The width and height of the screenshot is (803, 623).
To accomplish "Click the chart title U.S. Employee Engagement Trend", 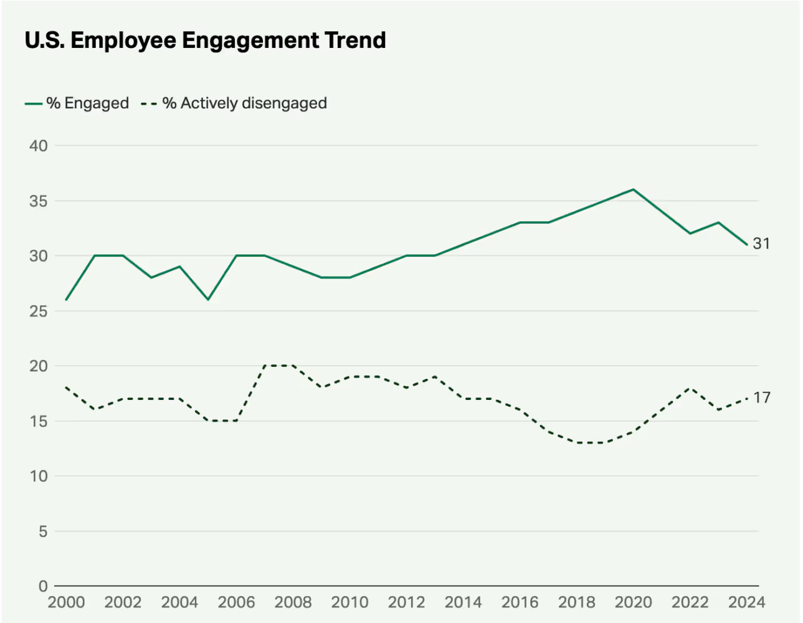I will point(205,40).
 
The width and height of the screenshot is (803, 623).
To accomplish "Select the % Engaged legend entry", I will point(77,103).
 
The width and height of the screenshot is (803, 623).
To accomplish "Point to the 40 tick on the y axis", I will point(39,146).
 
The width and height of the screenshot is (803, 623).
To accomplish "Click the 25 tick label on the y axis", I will point(39,311).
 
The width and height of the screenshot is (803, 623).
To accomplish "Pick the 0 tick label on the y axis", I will point(43,586).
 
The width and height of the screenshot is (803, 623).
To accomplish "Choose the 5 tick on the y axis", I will point(43,531).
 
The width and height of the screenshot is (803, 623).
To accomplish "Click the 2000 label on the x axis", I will point(66,602).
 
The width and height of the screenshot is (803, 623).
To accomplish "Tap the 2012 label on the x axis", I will point(406,602).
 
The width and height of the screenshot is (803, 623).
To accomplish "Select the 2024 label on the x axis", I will point(746,602).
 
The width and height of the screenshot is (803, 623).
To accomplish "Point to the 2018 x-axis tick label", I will point(576,602).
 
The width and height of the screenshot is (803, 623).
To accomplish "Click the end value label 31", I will point(761,244).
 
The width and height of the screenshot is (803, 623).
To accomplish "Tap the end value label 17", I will point(761,397).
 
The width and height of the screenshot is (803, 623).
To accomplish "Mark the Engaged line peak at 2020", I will point(634,189).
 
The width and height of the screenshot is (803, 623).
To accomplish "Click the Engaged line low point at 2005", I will point(208,300).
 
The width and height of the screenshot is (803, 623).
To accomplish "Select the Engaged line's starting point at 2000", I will point(66,300).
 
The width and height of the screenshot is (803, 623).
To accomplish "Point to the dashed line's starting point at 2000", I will point(66,388).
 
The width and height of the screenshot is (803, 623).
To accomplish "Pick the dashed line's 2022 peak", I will point(690,388).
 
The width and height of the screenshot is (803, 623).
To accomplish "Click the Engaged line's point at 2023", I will point(718,222).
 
